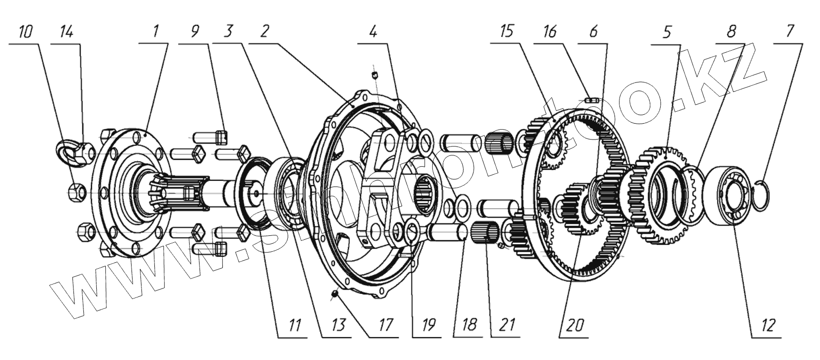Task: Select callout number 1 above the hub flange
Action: [x=155, y=32]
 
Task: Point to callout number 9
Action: [x=195, y=32]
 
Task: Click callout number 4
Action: [x=373, y=32]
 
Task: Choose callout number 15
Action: [x=506, y=32]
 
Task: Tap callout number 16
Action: [x=549, y=32]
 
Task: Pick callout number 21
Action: [x=506, y=325]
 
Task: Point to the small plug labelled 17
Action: [x=335, y=294]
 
